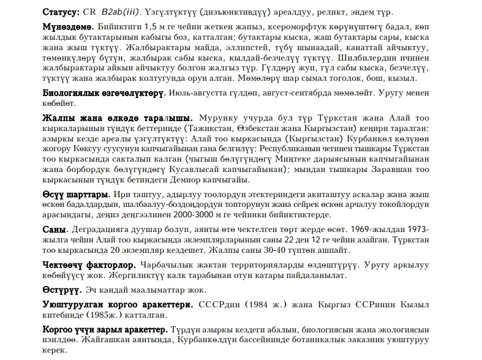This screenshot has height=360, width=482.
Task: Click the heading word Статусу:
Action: coord(61,12)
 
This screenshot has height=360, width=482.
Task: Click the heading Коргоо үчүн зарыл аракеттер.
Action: coord(104,329)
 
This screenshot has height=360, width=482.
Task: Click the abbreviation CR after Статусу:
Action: coord(90,12)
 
